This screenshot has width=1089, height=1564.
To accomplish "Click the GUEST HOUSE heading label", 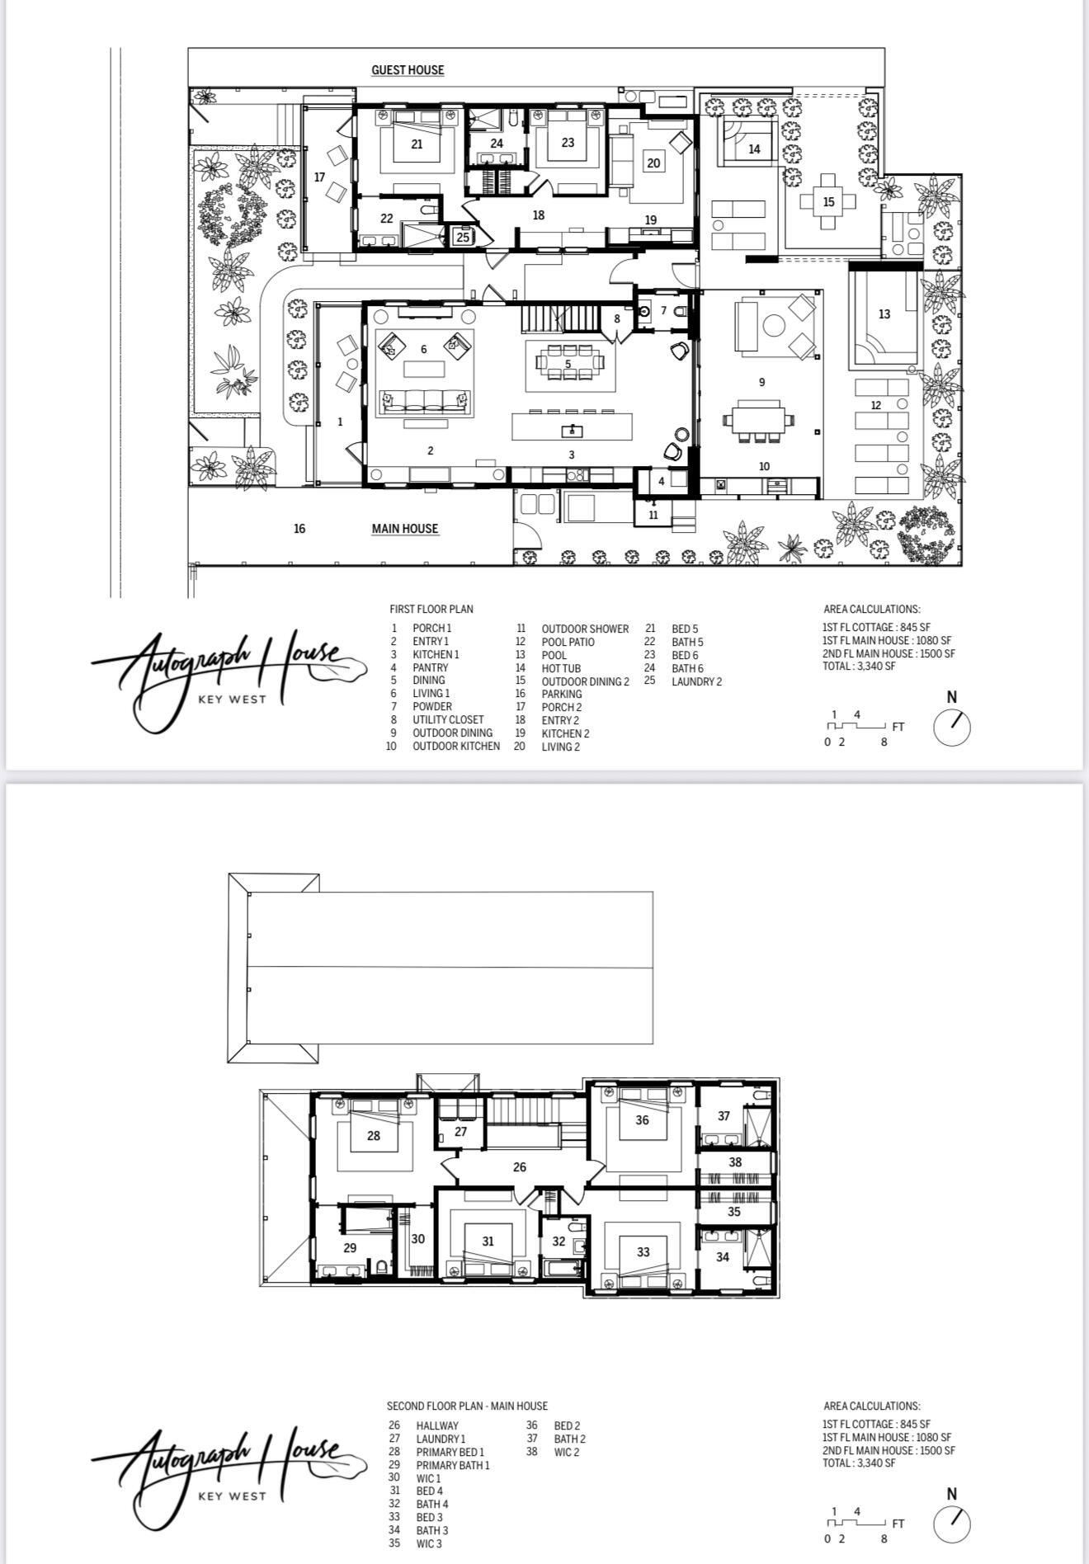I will [408, 70].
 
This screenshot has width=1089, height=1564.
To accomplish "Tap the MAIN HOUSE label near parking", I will [404, 529].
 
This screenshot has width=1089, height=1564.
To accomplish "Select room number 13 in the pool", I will [884, 314].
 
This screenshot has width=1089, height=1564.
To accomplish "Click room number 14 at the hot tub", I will [754, 149].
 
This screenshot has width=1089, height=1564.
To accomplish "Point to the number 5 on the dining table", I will [568, 364].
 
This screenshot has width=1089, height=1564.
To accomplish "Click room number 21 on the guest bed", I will [417, 144].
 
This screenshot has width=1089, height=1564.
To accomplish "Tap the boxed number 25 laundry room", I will [463, 237].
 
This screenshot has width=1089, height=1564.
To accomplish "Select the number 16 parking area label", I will [299, 529].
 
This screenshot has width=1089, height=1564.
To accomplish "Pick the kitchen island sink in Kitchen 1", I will [572, 430].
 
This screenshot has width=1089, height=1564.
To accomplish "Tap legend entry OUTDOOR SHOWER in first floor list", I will [585, 629].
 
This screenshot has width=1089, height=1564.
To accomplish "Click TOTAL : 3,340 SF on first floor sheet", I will [859, 667].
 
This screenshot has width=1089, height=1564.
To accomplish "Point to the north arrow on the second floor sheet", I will [952, 1524].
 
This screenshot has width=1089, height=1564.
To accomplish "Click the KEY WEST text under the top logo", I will [232, 700].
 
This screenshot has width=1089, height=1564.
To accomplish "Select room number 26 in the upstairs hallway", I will [520, 1167].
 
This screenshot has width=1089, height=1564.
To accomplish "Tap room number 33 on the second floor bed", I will [643, 1251].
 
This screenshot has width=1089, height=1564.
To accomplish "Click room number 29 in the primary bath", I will [350, 1248].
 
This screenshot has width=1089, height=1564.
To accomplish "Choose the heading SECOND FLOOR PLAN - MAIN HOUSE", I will [467, 1406].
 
